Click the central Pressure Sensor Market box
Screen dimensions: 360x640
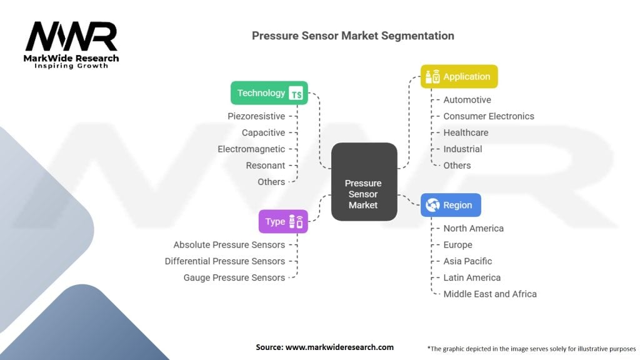pos(364,181)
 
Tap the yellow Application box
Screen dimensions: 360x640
pos(459,77)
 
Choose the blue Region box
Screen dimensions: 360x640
pos(451,205)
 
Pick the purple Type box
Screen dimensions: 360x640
pos(283,221)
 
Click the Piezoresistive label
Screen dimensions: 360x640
pos(256,116)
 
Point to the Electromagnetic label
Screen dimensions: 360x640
pos(251,149)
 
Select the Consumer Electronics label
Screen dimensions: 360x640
pos(489,116)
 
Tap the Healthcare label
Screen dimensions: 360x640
pos(466,132)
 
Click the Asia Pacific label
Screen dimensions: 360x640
pos(467,261)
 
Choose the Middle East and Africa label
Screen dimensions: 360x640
pos(490,294)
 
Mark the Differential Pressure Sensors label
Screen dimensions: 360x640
pos(225,261)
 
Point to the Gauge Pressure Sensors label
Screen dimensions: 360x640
pos(234,277)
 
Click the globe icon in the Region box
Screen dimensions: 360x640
pos(432,205)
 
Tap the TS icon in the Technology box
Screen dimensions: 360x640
pos(296,94)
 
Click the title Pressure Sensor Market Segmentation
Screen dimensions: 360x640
pos(353,36)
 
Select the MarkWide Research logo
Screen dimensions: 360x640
pos(72,44)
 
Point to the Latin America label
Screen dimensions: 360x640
pos(472,277)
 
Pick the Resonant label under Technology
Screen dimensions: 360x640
pos(266,165)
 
